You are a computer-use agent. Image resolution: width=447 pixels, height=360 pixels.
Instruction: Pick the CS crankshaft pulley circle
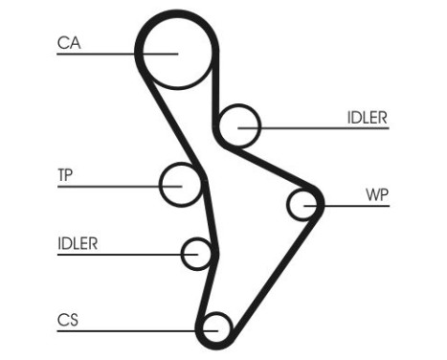pyautogui.click(x=215, y=327)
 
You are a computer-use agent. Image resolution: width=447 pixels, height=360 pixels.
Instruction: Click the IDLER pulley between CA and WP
pyautogui.click(x=238, y=124)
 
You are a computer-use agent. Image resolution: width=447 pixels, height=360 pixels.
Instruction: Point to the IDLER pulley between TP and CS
pyautogui.click(x=197, y=254)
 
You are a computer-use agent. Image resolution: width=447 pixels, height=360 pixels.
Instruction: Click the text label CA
pyautogui.click(x=68, y=42)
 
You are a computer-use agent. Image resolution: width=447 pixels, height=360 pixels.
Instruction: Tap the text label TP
pyautogui.click(x=66, y=175)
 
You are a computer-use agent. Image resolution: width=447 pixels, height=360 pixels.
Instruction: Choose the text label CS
pyautogui.click(x=67, y=318)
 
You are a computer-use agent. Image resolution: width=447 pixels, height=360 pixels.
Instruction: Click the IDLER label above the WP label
pyautogui.click(x=367, y=118)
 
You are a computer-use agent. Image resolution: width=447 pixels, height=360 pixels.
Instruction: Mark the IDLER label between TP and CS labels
pyautogui.click(x=78, y=243)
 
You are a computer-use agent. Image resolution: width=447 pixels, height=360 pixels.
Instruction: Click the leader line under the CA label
pyautogui.click(x=105, y=54)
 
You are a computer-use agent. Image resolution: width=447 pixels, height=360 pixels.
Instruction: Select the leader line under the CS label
pyautogui.click(x=124, y=329)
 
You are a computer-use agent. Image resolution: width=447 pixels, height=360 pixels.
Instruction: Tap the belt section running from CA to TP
pyautogui.click(x=168, y=120)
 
